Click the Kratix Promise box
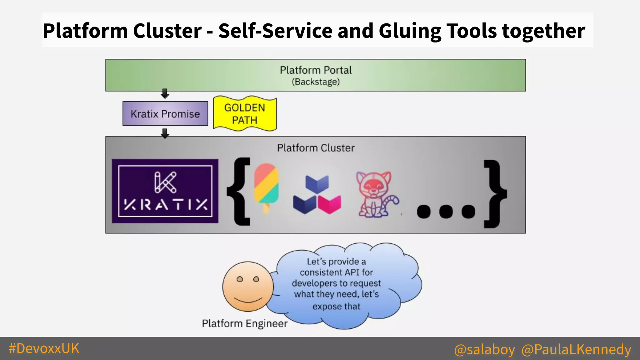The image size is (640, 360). click(x=165, y=113)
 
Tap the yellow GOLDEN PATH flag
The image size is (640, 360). click(x=245, y=114)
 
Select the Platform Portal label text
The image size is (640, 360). click(x=316, y=70)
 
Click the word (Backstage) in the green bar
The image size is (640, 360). click(x=316, y=82)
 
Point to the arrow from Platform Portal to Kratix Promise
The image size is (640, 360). click(x=165, y=93)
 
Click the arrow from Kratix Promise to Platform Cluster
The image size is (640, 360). click(x=165, y=133)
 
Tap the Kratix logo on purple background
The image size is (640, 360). click(x=165, y=191)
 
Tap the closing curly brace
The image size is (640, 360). click(x=495, y=194)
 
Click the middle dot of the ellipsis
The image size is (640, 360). click(x=446, y=212)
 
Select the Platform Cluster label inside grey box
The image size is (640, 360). click(x=316, y=148)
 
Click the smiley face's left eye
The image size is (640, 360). click(x=240, y=279)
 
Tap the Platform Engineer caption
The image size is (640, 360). click(x=244, y=323)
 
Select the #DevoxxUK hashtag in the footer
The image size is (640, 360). click(x=44, y=348)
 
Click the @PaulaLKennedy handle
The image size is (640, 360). click(x=576, y=349)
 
